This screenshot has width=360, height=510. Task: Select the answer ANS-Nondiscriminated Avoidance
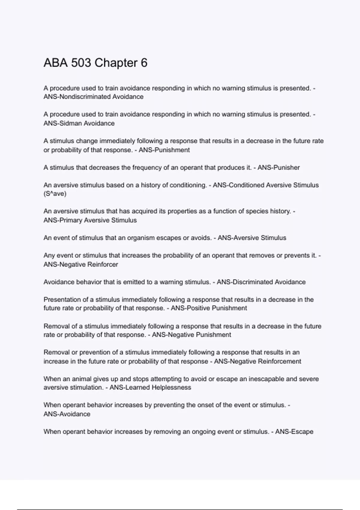coord(93,97)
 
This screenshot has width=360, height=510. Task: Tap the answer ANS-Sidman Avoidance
coord(79,123)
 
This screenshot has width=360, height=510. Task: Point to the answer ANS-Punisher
coord(278,168)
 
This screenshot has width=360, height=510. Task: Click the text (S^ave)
coord(55,194)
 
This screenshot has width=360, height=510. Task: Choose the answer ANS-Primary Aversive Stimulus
coord(90,220)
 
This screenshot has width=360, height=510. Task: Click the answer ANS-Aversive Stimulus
coord(252,238)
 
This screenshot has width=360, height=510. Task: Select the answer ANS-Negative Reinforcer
coord(81,265)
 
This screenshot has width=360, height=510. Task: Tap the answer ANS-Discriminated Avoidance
coord(261,282)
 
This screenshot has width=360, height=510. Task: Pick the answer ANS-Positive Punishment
coord(209,308)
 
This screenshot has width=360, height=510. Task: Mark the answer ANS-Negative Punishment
coord(191,335)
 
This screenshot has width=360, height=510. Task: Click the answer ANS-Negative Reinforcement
coord(257,361)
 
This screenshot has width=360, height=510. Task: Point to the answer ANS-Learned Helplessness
coord(150,388)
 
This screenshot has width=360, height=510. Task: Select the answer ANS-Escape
coord(294,432)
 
